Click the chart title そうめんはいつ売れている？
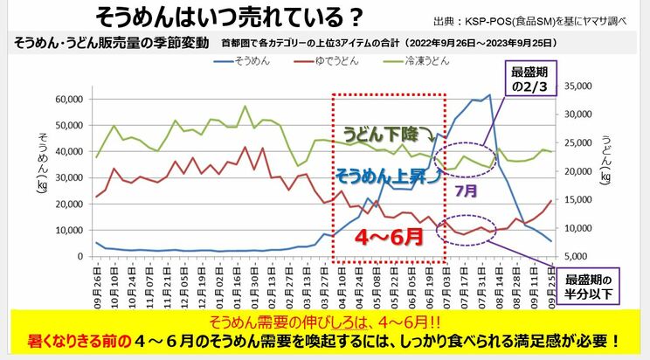click(x=230, y=17)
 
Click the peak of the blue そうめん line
click(x=490, y=95)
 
